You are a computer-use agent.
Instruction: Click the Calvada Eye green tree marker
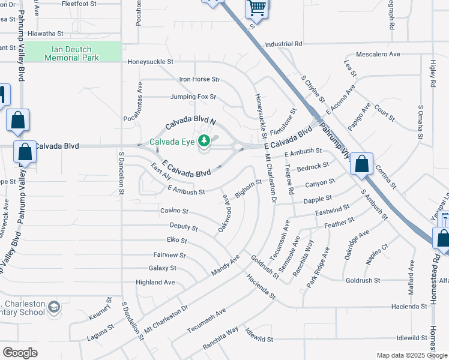tap(204, 141)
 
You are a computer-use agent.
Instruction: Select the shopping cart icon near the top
tap(257, 9)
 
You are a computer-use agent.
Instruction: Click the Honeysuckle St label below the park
tap(150, 61)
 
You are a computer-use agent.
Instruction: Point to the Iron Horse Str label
tap(200, 79)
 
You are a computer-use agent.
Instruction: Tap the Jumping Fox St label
tap(192, 97)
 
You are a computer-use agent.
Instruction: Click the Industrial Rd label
tap(283, 44)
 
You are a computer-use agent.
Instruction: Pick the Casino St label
tap(174, 211)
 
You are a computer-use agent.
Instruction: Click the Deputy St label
tap(183, 227)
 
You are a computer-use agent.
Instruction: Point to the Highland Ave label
tap(155, 282)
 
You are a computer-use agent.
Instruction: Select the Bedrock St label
tap(313, 166)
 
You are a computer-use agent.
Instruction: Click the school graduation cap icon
tap(53, 307)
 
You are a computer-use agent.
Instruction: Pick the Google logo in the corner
tap(20, 352)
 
